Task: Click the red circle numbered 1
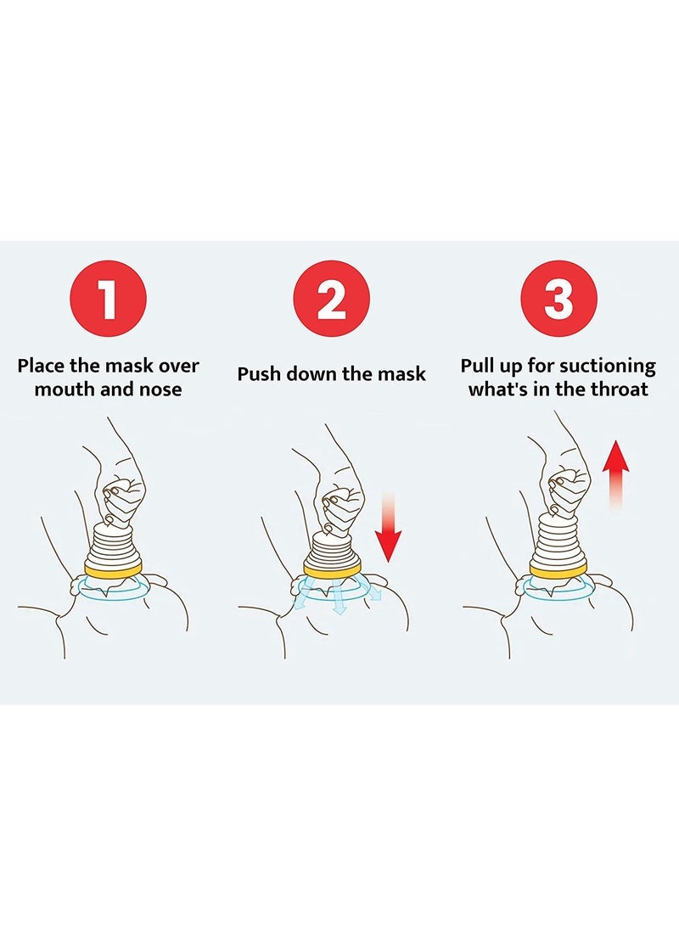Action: pos(108,300)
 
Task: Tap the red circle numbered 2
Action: pos(331,300)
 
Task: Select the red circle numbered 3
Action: pos(558,300)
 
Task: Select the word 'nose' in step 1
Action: pos(158,390)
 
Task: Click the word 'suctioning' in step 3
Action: pos(608,367)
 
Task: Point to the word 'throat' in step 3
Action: pos(619,389)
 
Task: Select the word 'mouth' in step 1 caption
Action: pos(64,390)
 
